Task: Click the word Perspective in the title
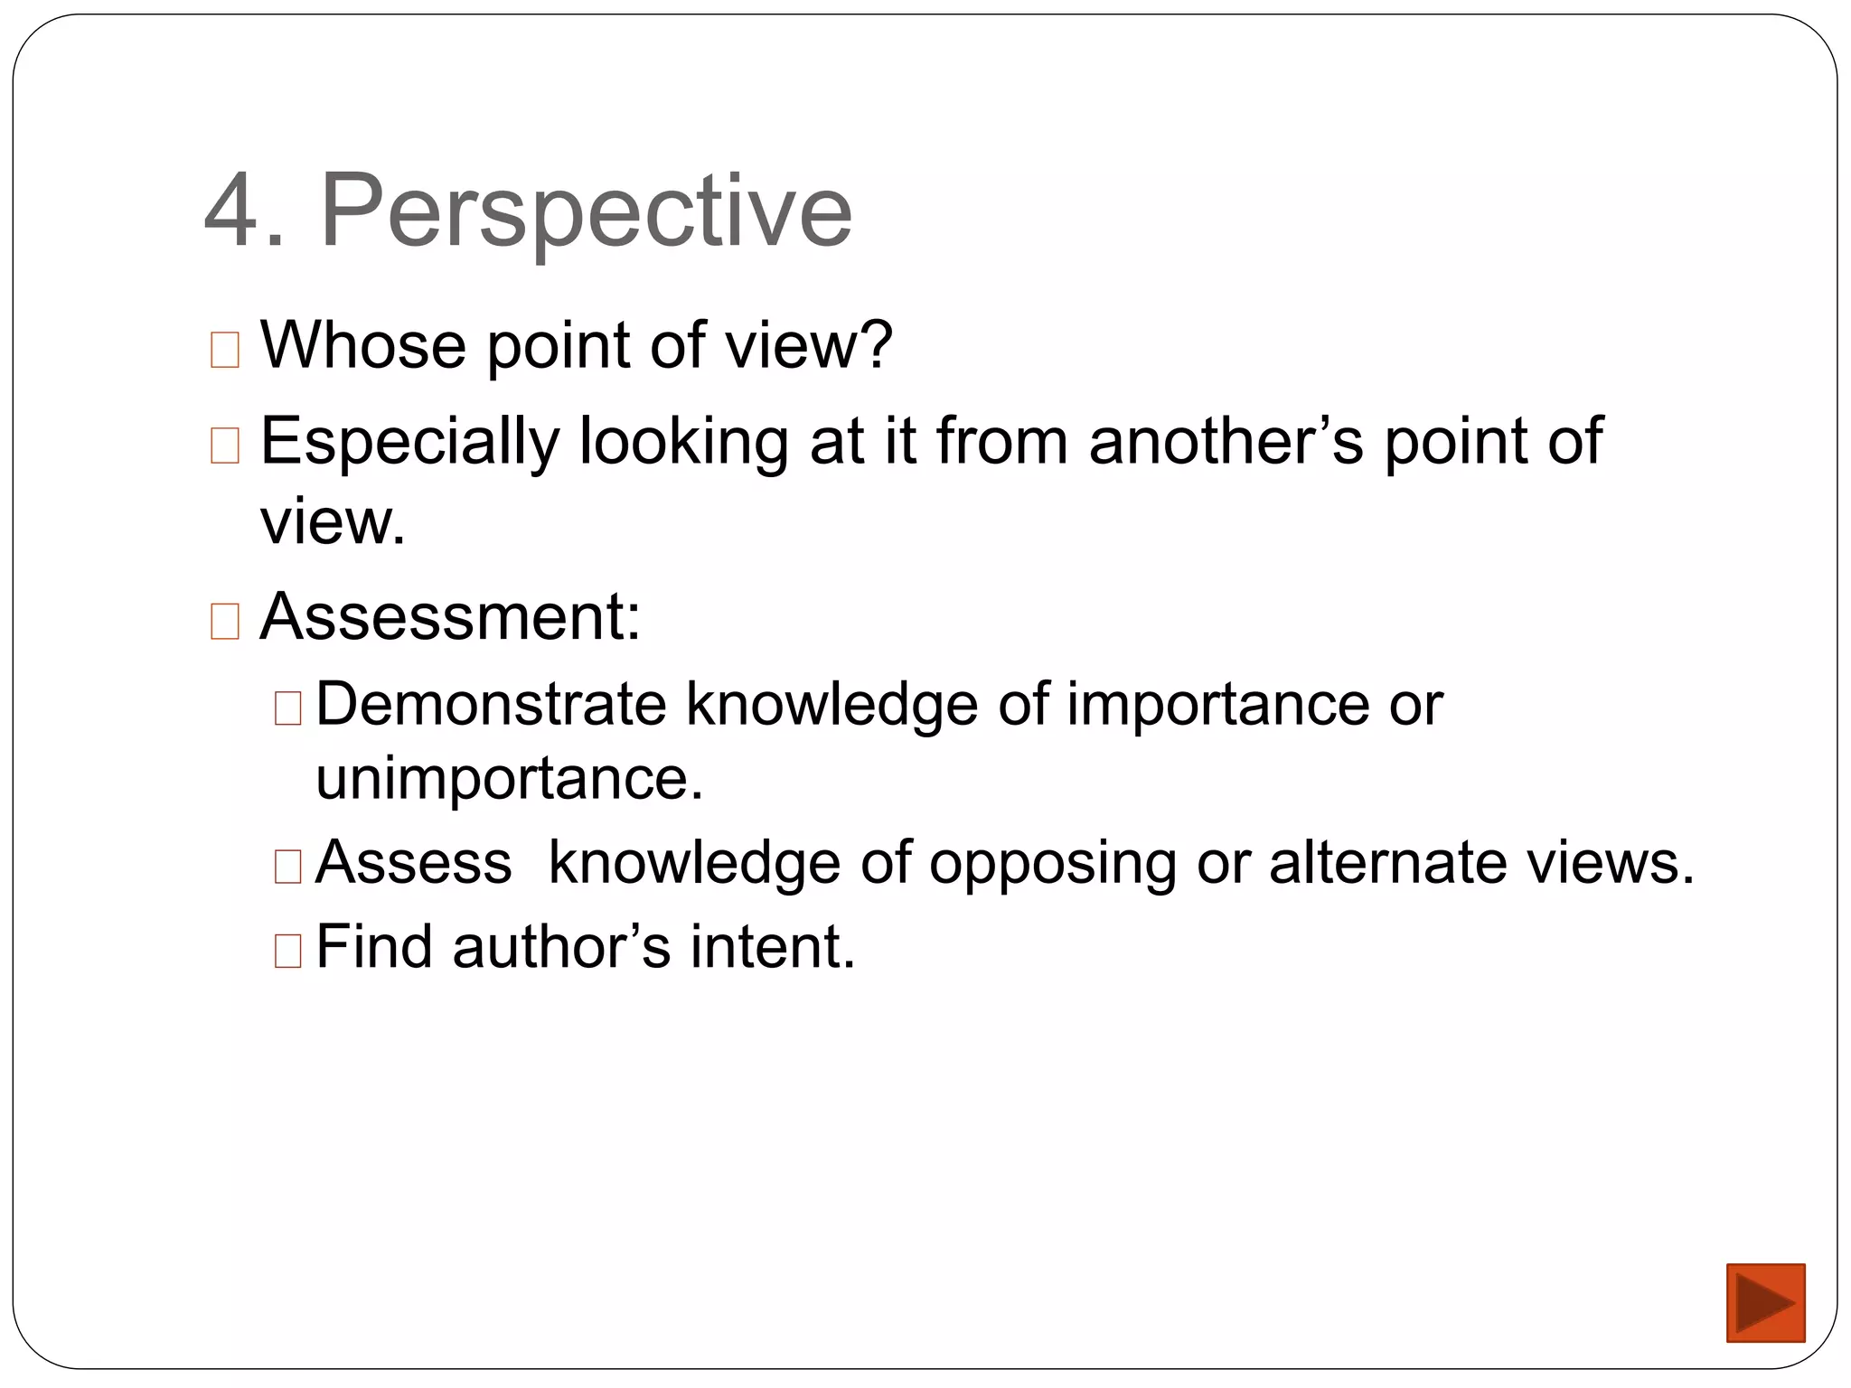pos(587,213)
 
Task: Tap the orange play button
pos(1764,1302)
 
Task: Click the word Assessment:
pos(450,617)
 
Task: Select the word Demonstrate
pos(491,704)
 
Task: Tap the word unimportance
pos(509,779)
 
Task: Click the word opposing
pos(1052,863)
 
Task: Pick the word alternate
pos(1387,862)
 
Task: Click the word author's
pos(561,947)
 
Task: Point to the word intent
pos(773,947)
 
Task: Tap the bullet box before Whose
pos(224,350)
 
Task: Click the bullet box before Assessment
pos(224,622)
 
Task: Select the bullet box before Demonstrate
pos(287,708)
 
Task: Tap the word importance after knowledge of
pos(1218,704)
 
